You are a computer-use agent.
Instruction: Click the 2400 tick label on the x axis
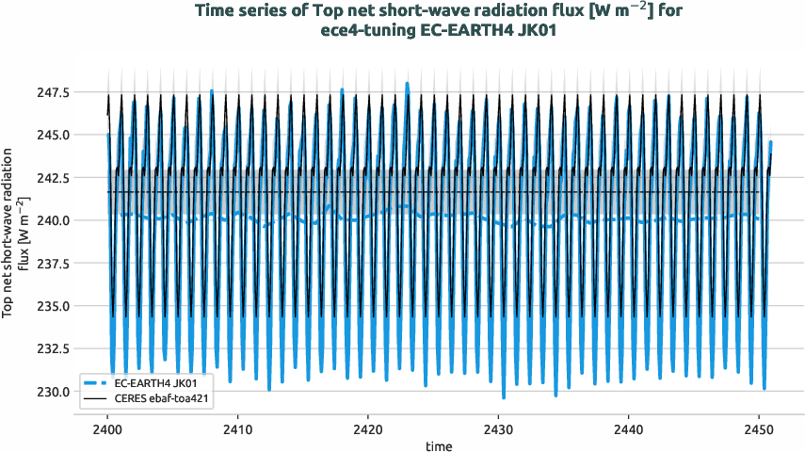pos(108,428)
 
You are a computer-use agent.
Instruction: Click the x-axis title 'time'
pos(438,444)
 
